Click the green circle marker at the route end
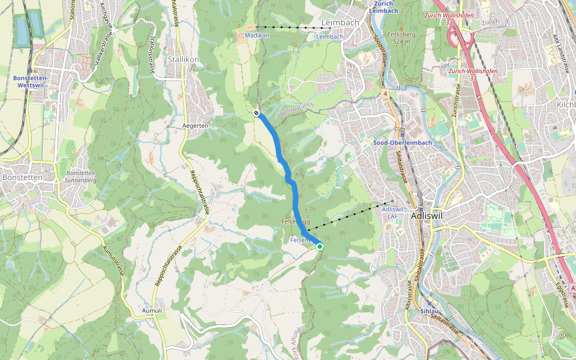[x=320, y=246]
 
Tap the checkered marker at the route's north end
[x=256, y=113]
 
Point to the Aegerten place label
[x=195, y=125]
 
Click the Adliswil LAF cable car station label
[x=392, y=212]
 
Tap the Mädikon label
[x=256, y=36]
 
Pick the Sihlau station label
[x=430, y=311]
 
